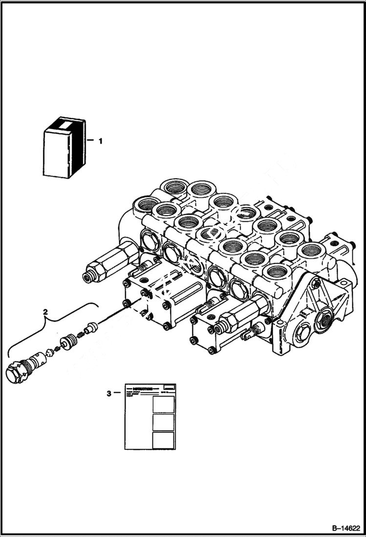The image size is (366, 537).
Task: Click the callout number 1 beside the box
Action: coord(100,141)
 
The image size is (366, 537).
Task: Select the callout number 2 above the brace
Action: coord(45,311)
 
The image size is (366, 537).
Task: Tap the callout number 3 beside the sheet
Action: coord(108,393)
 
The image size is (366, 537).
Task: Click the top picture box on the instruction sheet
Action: coord(163,404)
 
